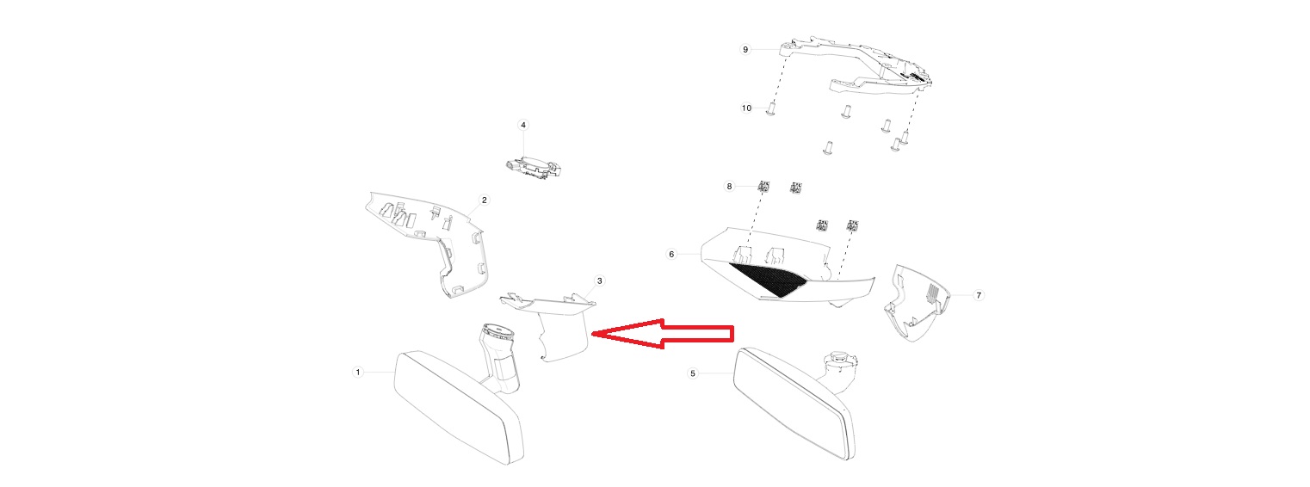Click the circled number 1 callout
(358, 372)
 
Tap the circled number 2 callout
(485, 200)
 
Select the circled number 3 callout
(599, 281)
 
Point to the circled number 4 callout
(523, 125)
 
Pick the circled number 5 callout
(693, 373)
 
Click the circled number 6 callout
(671, 255)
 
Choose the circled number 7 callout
(979, 295)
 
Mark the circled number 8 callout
(729, 187)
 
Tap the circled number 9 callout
(745, 50)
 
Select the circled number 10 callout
(746, 108)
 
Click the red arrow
(663, 334)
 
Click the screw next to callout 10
(770, 109)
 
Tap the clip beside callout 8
(763, 187)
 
